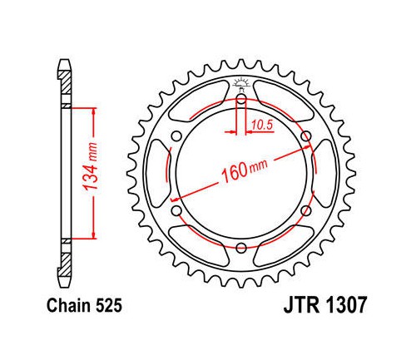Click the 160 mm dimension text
coord(244,171)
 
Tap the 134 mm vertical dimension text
coord(91,166)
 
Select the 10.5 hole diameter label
coord(263,126)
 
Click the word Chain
coord(69,306)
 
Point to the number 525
coord(109,306)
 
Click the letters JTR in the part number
coord(302,305)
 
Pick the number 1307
coord(346,305)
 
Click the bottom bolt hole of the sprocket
coord(241,248)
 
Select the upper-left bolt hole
coord(176,136)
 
